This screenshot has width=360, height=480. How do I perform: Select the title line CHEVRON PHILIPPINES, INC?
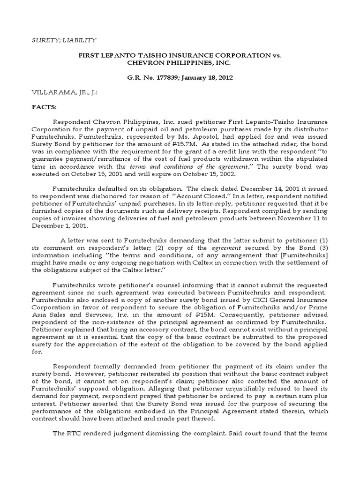(180, 62)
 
